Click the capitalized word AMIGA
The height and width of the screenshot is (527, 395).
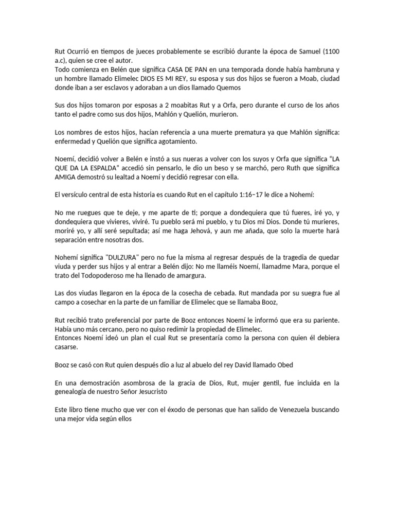pyautogui.click(x=67, y=177)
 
